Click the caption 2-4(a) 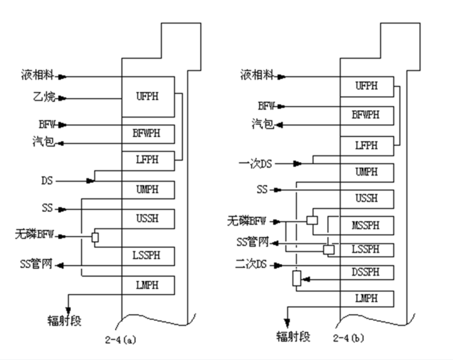pos(122,339)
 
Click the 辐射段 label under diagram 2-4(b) pos(293,336)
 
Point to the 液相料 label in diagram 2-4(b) pos(257,76)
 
